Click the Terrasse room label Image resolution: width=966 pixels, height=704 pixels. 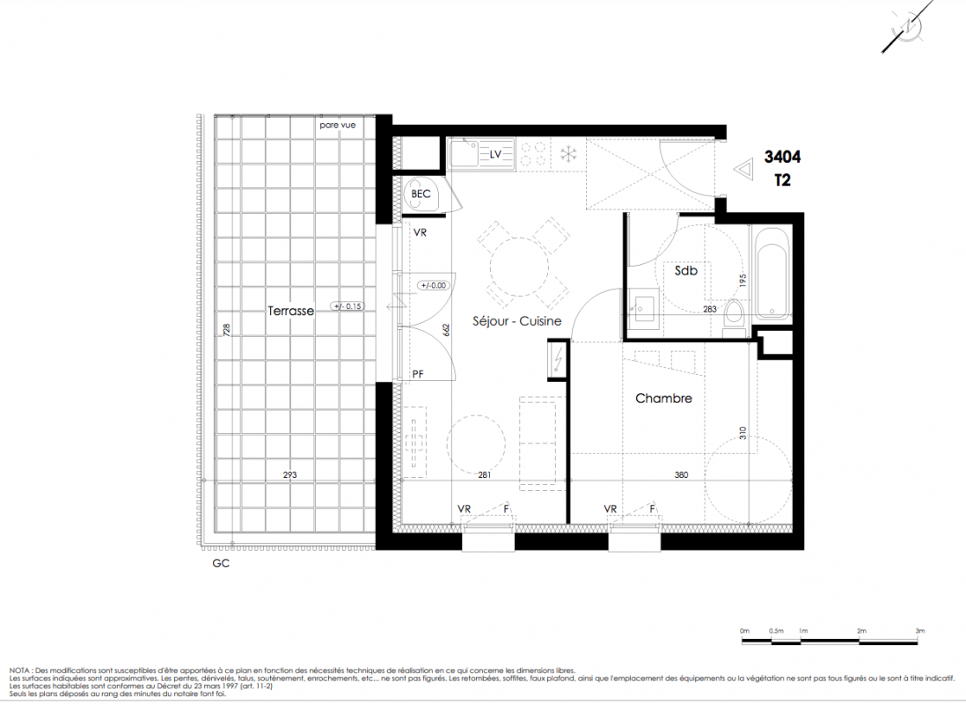291,311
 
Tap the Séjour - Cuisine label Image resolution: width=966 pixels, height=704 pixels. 517,320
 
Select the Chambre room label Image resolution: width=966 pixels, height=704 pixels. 663,399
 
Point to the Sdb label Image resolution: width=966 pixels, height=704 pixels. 685,270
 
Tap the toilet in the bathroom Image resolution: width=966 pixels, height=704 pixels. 735,317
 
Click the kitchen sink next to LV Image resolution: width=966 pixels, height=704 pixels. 465,153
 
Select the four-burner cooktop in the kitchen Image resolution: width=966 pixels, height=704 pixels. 533,153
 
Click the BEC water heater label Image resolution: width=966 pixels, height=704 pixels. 421,194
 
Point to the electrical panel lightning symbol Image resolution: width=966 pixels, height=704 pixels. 558,359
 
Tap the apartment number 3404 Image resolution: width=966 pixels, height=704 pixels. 782,157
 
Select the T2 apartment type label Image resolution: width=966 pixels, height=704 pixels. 782,180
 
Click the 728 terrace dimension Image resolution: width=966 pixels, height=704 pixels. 227,329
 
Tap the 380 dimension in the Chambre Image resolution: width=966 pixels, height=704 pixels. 681,474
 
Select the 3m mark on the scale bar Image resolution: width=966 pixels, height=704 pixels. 919,631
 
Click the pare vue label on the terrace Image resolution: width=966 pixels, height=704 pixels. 338,125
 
